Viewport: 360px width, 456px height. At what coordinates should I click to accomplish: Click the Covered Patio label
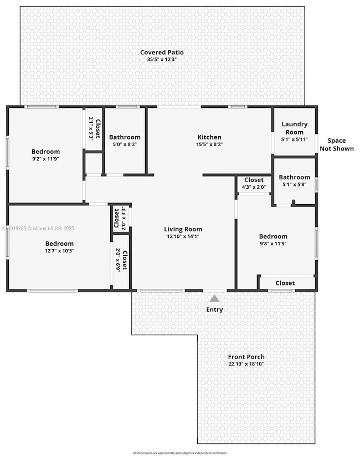(x=162, y=52)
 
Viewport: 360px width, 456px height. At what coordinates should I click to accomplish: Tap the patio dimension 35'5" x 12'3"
(x=162, y=59)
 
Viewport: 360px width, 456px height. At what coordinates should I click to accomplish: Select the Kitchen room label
(x=209, y=137)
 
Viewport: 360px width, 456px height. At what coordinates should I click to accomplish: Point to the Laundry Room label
(x=294, y=128)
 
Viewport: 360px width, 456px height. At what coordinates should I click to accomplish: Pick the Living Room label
(x=183, y=229)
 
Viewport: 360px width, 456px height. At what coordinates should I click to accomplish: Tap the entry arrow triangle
(x=214, y=298)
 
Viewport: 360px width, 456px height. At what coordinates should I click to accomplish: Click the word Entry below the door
(x=214, y=309)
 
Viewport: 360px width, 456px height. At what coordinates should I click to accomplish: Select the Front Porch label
(x=246, y=357)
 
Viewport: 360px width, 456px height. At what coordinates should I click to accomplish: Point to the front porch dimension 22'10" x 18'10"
(x=246, y=364)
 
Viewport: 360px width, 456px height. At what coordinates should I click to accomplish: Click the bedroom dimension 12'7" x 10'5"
(x=59, y=251)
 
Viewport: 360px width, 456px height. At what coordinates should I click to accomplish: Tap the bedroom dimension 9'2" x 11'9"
(x=45, y=159)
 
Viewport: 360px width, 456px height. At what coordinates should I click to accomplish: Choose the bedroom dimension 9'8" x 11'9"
(x=273, y=243)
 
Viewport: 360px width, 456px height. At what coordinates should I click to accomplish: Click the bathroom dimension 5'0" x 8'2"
(x=125, y=144)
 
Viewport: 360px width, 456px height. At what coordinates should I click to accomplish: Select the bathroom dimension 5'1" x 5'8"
(x=294, y=185)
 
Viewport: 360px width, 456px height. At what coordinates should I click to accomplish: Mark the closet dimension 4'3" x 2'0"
(x=254, y=187)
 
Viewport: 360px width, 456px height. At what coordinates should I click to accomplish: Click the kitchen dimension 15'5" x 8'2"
(x=209, y=144)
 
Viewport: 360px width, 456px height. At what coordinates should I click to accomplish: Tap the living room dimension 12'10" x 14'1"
(x=183, y=236)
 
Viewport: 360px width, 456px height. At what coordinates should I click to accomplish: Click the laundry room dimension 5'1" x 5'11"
(x=294, y=139)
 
